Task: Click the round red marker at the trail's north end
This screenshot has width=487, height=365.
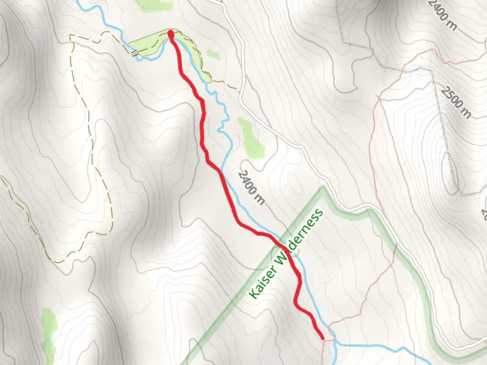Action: click(171, 33)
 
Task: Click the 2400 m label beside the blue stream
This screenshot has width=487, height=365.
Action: click(251, 187)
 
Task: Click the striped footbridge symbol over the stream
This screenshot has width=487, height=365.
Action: click(134, 53)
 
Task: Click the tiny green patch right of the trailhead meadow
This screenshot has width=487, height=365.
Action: click(213, 54)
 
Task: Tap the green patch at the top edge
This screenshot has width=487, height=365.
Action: click(154, 4)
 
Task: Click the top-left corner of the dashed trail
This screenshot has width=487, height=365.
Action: click(70, 35)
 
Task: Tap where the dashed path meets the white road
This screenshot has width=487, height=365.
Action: click(239, 91)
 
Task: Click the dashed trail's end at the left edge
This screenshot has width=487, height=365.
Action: click(1, 176)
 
